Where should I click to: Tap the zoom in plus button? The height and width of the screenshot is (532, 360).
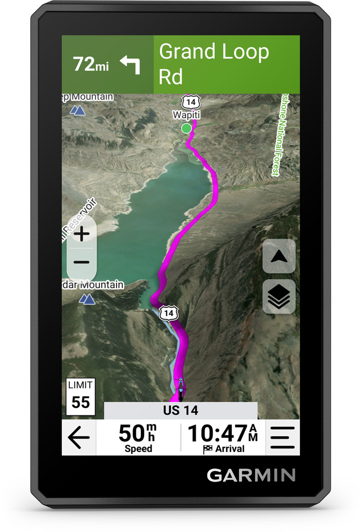coord(81,234)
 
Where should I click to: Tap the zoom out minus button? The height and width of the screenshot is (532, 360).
coord(81,262)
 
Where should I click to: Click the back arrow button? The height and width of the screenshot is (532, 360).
coord(79,438)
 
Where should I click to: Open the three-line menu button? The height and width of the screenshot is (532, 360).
coord(282,438)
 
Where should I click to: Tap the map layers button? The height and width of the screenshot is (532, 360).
coord(279,297)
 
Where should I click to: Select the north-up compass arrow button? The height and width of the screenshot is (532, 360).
coord(279,256)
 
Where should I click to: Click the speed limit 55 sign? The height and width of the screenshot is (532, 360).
coord(81,397)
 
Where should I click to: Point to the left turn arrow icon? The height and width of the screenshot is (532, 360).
coord(130,64)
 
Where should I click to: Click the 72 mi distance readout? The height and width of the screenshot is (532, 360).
coord(91,65)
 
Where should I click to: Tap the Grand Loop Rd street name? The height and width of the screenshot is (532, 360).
coord(213,64)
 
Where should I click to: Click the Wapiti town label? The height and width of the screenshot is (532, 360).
coord(186,115)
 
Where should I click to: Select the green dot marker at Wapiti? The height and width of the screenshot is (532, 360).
coord(186,127)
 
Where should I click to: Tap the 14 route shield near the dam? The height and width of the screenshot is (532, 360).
coord(168,313)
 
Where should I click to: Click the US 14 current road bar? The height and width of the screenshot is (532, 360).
coord(181,411)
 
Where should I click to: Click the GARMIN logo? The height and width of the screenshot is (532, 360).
coord(251,475)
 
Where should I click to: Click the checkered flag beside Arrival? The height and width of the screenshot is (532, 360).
coord(208,449)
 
